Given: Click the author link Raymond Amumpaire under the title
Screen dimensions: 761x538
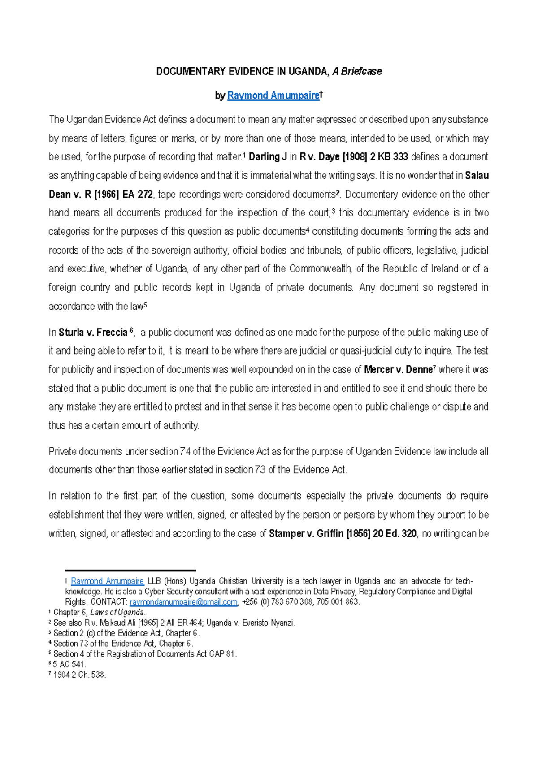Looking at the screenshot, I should (273, 95).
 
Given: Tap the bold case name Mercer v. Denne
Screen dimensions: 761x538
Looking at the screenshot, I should (398, 370).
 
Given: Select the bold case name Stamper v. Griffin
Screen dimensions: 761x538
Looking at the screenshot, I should (306, 534).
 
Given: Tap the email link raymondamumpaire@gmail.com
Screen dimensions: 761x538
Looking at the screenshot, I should (183, 602).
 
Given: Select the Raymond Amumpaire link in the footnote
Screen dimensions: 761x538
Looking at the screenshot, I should (107, 581).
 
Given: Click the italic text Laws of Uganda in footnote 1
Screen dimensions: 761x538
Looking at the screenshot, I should (117, 612).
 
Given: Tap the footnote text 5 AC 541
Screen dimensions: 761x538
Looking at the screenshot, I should (69, 664).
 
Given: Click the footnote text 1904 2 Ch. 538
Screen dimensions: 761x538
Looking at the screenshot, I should (79, 675).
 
